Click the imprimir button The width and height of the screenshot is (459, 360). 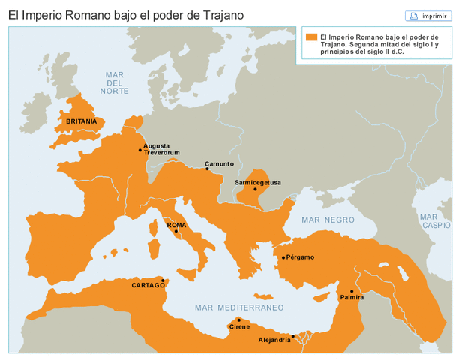tap(428, 16)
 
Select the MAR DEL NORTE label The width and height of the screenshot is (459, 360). tap(115, 82)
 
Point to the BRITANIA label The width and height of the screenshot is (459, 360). tap(81, 121)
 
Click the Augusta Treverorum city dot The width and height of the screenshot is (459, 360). tap(140, 150)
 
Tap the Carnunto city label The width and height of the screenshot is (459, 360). tap(220, 163)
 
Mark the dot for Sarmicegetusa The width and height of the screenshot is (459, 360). tap(255, 189)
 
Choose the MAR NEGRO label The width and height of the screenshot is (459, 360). tap(328, 220)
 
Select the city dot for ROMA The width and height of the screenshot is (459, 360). tap(176, 232)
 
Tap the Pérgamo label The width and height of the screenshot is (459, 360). tap(300, 257)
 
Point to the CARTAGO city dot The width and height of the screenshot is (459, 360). tap(163, 280)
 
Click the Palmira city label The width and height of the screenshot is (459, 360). tap(352, 298)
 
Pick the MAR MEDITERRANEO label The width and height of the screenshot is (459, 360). tap(239, 307)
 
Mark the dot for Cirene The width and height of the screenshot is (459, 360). tap(239, 319)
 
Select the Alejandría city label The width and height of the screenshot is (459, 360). tap(274, 340)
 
